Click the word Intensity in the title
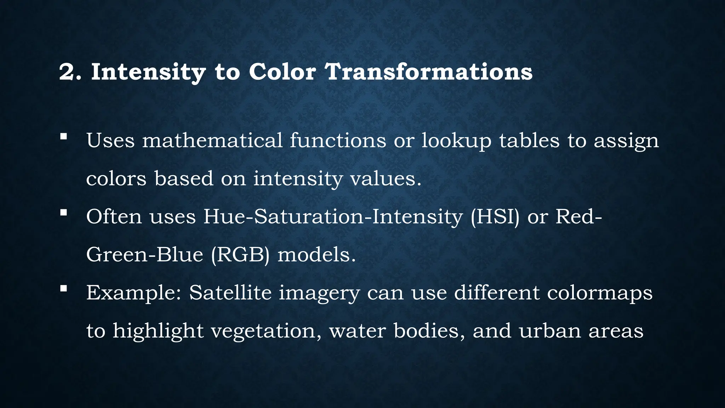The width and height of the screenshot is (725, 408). coord(148,72)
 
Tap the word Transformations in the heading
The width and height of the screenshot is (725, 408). coord(428,72)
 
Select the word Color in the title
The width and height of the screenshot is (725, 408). coord(282,72)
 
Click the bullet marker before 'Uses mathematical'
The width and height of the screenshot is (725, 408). coord(63,137)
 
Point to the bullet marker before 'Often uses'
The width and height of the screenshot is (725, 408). coord(63,212)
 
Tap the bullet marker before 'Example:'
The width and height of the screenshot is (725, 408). coord(63,289)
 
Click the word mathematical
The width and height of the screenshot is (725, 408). coord(212,140)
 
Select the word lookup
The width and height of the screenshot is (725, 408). coord(456,141)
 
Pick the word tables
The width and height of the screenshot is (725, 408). coord(529,140)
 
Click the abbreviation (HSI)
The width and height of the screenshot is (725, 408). coord(495,217)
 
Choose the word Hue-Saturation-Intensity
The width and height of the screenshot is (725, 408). coord(333,216)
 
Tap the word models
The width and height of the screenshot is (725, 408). coord(316,255)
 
